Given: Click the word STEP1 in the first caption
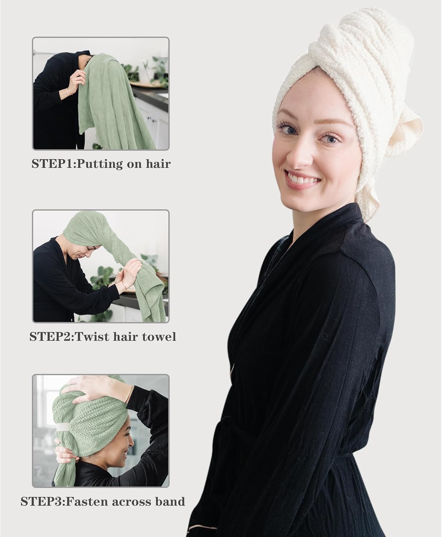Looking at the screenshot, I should [53, 164].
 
